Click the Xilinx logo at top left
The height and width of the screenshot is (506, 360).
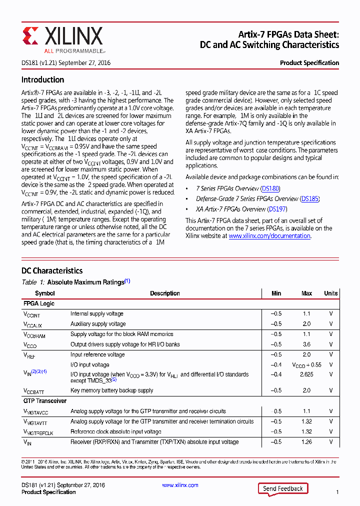pos(62,38)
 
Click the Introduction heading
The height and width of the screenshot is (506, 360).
pos(42,80)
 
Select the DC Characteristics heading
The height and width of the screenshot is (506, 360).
pos(51,270)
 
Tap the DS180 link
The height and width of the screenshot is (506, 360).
pos(270,189)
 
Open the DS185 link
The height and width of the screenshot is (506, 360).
pos(309,199)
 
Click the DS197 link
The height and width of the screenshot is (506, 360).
pos(277,209)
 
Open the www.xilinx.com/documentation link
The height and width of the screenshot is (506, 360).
pos(269,236)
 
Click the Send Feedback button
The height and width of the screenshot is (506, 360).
pos(282,488)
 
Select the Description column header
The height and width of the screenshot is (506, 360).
pos(164,293)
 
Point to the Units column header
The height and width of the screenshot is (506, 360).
pos(330,293)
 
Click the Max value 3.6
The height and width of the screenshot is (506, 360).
pos(306,344)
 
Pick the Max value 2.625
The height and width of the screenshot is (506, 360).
pos(306,374)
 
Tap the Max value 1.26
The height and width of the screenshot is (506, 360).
pos(306,442)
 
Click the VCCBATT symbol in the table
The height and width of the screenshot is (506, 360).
pos(34,391)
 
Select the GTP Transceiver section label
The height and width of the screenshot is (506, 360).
pos(44,401)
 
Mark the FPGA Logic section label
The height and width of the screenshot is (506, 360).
pos(38,303)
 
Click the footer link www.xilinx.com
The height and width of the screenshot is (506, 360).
pos(180,485)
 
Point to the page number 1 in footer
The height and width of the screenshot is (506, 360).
pos(337,492)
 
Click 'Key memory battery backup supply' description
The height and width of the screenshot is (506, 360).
pos(111,390)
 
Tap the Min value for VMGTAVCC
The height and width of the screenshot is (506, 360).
pos(276,411)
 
